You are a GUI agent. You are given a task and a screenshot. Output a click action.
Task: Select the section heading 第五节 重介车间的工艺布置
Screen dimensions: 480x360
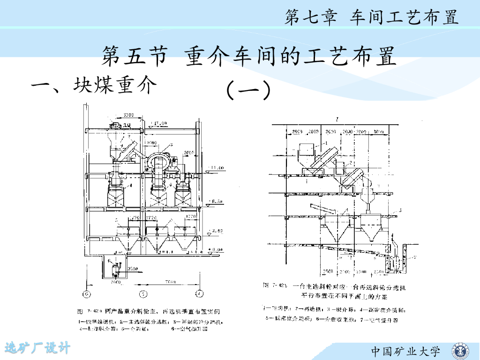tap(249, 57)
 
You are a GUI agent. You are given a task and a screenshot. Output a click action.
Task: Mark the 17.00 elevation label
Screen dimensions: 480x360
tap(159, 123)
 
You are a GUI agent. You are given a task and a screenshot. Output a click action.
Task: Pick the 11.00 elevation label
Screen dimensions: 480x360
tap(217, 167)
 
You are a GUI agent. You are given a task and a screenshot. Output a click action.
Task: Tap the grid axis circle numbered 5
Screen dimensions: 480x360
tap(143, 294)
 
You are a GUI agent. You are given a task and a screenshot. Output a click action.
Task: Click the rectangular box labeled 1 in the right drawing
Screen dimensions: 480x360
tap(307, 149)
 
